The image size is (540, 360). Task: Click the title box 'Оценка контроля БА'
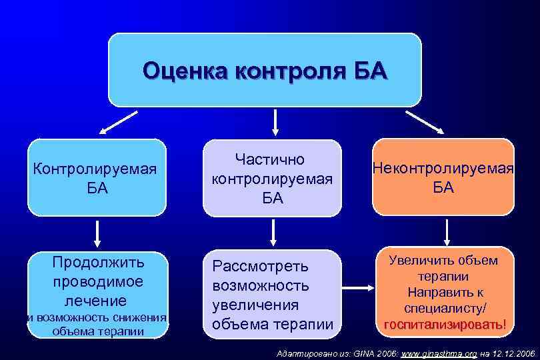[265, 69]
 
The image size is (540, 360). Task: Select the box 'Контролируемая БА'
[97, 177]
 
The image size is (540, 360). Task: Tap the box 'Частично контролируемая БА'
[271, 179]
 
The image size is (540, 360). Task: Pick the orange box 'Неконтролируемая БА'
[443, 177]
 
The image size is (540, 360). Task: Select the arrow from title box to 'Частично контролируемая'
[273, 122]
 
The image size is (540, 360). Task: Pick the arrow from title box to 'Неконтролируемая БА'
[425, 123]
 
